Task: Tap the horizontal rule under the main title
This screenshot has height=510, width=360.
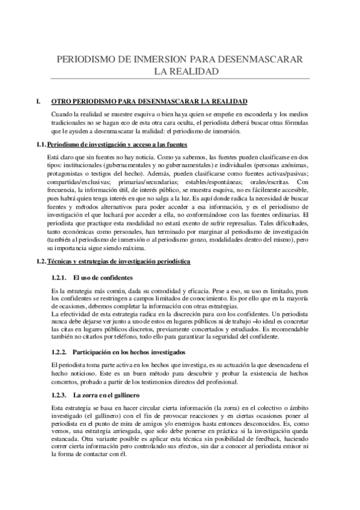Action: pos(180,78)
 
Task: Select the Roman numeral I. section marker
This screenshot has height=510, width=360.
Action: pos(39,101)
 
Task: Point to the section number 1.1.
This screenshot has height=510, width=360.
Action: pos(41,144)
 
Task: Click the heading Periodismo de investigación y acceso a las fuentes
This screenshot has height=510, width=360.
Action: pos(118,144)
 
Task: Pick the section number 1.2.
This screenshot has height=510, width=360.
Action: pos(41,262)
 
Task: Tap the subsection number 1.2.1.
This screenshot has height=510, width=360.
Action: pos(59,277)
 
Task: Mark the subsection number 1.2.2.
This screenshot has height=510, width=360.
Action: pos(59,351)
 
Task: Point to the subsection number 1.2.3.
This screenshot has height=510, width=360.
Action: pos(59,395)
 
